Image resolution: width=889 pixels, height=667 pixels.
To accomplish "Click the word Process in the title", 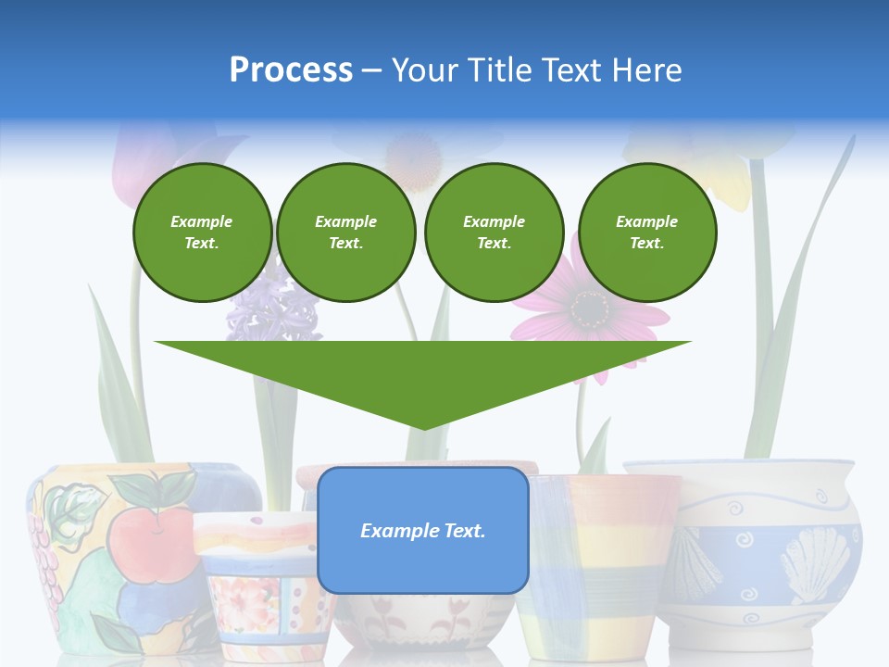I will [291, 69].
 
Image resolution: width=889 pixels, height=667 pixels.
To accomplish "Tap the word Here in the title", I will [644, 69].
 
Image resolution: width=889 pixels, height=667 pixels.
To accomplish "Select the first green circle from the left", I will [202, 233].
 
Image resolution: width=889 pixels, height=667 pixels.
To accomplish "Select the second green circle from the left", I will [346, 233].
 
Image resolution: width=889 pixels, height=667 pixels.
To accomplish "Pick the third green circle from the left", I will [494, 233].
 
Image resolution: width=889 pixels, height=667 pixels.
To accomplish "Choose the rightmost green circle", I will [646, 233].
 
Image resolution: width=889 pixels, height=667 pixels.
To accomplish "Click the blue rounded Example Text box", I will [423, 530].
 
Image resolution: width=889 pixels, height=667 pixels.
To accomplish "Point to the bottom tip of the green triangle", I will [423, 429].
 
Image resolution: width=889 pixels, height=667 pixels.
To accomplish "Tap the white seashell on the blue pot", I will [815, 560].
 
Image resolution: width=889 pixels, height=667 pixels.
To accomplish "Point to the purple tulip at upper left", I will [139, 162].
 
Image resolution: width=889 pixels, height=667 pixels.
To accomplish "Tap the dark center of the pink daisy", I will [589, 305].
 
